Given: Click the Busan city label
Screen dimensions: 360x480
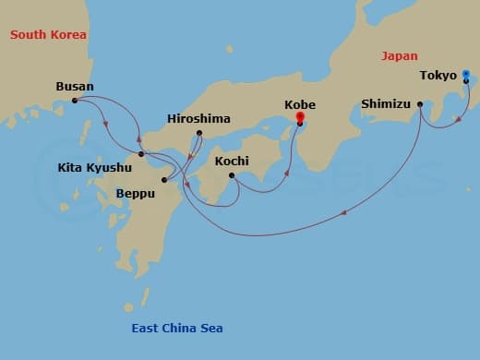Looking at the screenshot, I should pos(73,87).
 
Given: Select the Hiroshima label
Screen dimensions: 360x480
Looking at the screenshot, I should pos(199,119).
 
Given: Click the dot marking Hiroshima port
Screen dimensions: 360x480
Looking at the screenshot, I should pos(199,133).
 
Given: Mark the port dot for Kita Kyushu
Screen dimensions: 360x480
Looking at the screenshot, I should pos(140,154).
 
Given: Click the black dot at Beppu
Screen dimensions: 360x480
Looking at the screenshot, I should pos(163,179).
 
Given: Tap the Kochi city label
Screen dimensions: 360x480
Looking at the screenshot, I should pos(231,161).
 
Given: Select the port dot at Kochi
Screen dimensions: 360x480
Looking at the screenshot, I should pos(231,174).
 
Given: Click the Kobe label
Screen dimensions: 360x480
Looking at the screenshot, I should pos(300,104).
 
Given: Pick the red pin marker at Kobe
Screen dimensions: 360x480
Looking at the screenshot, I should pos(299,117).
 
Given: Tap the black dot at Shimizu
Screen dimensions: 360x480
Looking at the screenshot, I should pos(420,103).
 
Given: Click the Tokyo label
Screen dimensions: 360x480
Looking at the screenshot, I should pos(439,75).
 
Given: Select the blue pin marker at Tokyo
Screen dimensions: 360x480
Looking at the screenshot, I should pos(466,74).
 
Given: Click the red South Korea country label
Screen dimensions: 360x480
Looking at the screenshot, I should pos(48,35).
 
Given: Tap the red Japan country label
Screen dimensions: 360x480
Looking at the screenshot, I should pos(399,56).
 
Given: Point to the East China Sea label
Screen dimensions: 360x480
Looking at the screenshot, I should pos(175,329).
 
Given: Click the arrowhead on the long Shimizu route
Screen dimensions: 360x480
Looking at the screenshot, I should pos(345,213).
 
